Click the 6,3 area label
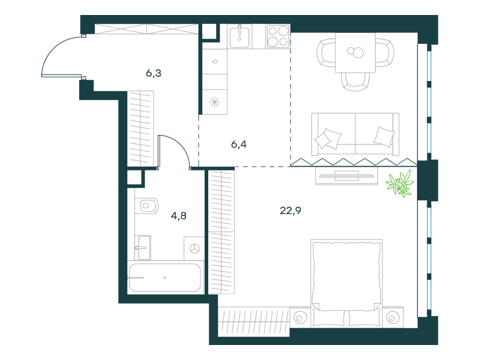154,73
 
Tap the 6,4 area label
239,144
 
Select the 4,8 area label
178,216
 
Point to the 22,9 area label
290,211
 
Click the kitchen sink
239,37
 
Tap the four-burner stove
278,36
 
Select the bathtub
164,277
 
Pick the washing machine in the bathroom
194,248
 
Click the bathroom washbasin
143,247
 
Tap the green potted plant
400,184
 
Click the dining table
355,53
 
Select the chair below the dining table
355,82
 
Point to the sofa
355,134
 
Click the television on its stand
346,176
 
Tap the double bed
347,283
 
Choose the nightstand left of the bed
299,317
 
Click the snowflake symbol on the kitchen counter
215,102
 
